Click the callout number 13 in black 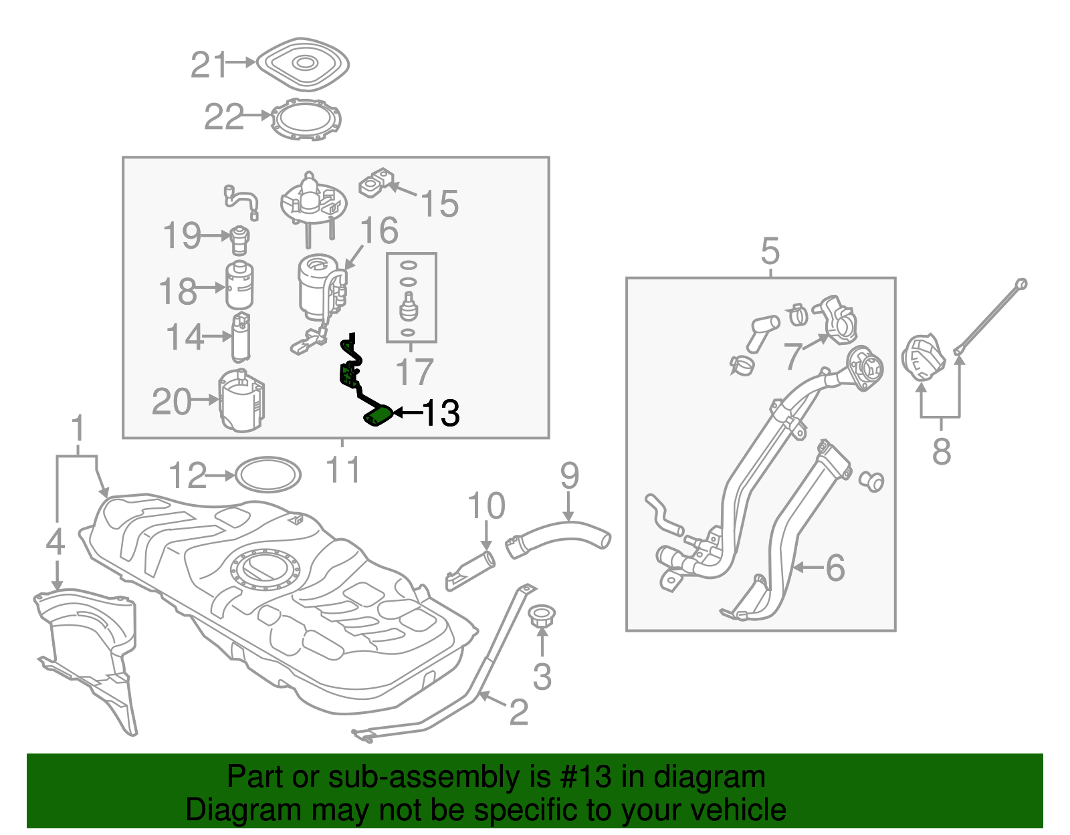click(441, 413)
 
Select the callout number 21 click(209, 65)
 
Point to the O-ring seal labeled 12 click(268, 475)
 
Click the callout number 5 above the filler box click(770, 251)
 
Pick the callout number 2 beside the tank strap click(518, 713)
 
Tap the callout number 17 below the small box click(414, 372)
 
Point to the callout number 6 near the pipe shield click(835, 568)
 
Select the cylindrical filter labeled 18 click(239, 285)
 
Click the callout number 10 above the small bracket click(486, 506)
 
